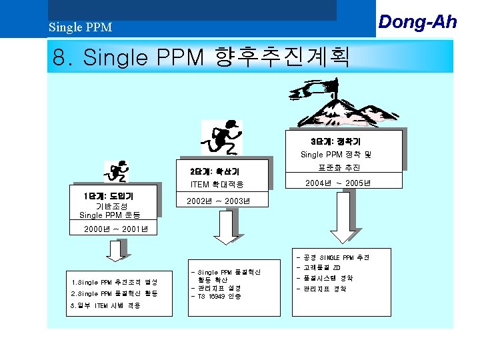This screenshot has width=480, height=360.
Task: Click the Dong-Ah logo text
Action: (417, 21)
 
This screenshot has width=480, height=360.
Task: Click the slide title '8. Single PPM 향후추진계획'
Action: (201, 57)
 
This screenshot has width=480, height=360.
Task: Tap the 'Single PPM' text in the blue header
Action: (80, 28)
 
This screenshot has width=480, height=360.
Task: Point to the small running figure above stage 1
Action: (118, 171)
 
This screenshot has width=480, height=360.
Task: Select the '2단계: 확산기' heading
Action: (210, 171)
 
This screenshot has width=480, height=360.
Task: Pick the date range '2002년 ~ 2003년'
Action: (218, 201)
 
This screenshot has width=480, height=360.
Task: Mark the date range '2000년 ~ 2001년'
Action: (111, 230)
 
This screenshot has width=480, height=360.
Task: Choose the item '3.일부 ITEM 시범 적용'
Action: (105, 305)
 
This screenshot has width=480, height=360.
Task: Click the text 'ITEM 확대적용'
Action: (217, 184)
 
